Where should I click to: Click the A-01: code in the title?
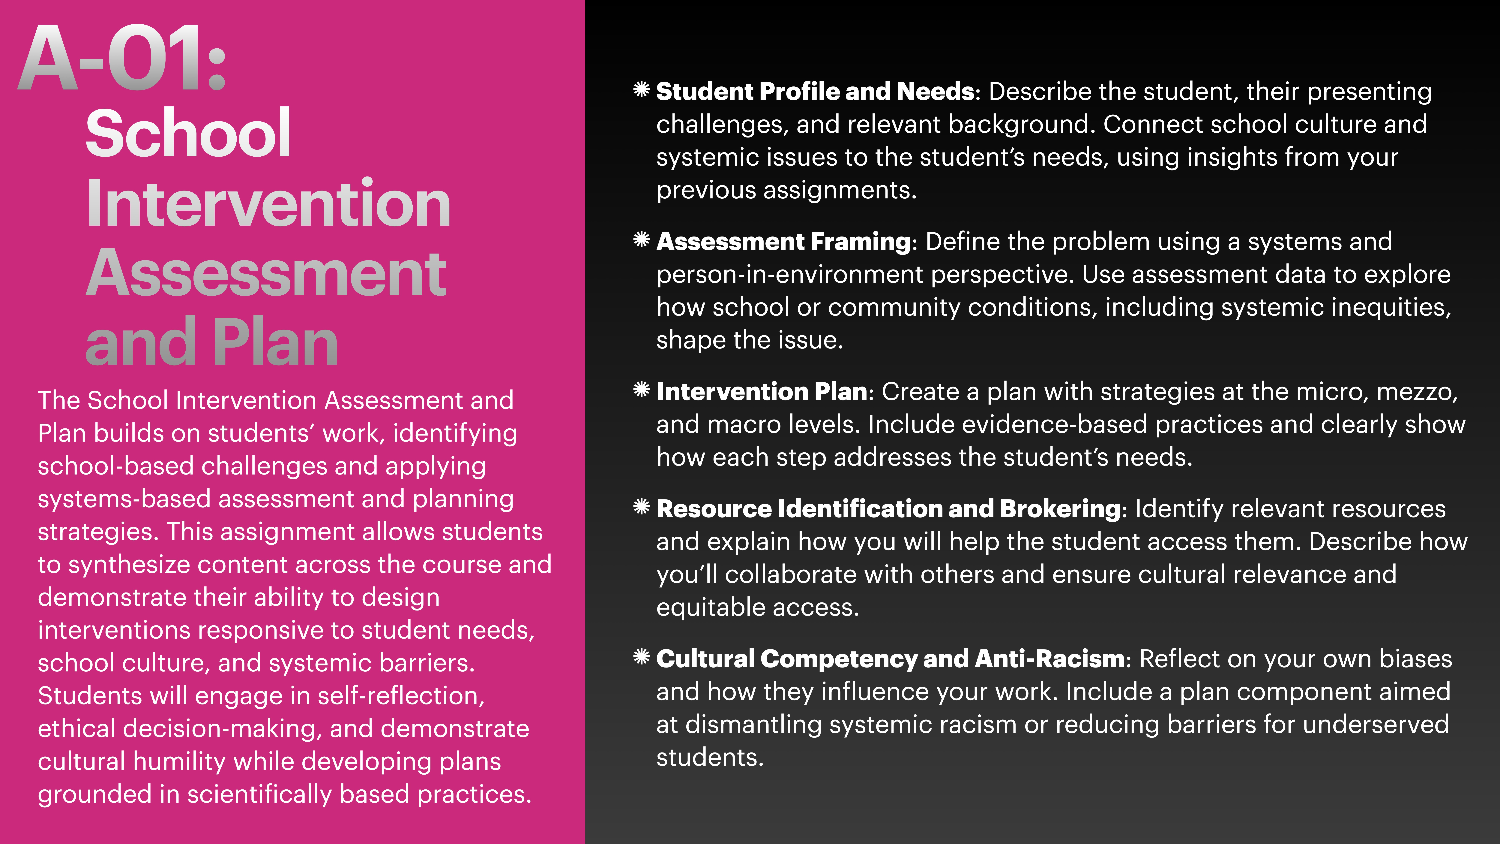(122, 58)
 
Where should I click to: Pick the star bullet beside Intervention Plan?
(641, 390)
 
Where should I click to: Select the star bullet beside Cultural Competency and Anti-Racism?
(641, 657)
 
